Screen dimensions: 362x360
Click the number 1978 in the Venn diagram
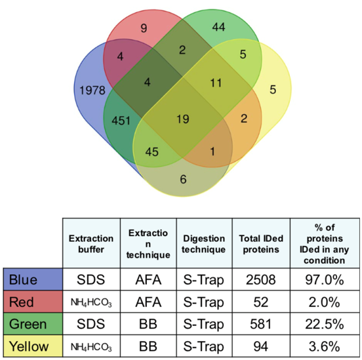click(x=92, y=90)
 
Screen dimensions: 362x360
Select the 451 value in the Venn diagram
click(x=121, y=121)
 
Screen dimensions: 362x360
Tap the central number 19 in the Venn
click(x=183, y=119)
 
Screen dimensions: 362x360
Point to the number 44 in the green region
click(x=218, y=27)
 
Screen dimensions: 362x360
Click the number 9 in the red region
click(x=144, y=28)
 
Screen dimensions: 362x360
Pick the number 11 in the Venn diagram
click(x=216, y=83)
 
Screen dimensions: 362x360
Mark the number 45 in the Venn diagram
click(x=152, y=152)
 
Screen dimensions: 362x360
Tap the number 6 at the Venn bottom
click(x=184, y=180)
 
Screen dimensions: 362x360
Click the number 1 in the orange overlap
click(x=212, y=151)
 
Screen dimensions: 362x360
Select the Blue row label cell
click(x=33, y=279)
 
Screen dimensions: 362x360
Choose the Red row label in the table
click(x=33, y=302)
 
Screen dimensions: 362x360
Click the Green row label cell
click(x=33, y=324)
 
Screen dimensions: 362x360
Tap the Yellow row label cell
click(x=33, y=346)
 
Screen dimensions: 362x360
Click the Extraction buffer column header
click(x=91, y=244)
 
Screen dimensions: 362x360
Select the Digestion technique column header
click(x=203, y=244)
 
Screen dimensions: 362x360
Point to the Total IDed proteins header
click(x=261, y=244)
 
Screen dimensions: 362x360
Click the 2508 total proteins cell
click(x=261, y=279)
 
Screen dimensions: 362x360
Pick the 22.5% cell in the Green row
click(x=325, y=324)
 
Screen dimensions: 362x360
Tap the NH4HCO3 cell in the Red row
click(x=91, y=302)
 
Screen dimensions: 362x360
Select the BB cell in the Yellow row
click(x=148, y=346)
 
